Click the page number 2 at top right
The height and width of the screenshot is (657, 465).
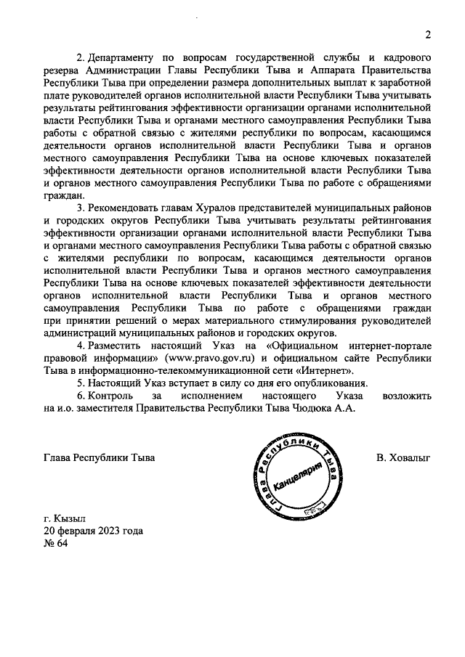pyautogui.click(x=429, y=34)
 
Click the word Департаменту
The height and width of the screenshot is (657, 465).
pyautogui.click(x=124, y=57)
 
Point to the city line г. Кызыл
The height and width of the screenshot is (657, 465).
pyautogui.click(x=65, y=518)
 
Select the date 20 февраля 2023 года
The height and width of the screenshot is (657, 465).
pyautogui.click(x=93, y=531)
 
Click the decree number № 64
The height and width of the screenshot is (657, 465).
pyautogui.click(x=55, y=544)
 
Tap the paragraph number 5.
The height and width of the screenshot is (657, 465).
pyautogui.click(x=80, y=383)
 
